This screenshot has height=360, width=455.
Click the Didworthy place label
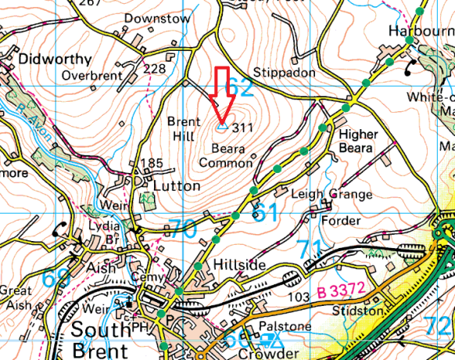pyautogui.click(x=56, y=59)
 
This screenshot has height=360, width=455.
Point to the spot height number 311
pyautogui.click(x=244, y=128)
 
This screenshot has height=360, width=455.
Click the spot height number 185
pyautogui.click(x=151, y=164)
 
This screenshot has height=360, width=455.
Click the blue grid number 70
pyautogui.click(x=182, y=229)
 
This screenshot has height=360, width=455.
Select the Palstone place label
pyautogui.click(x=288, y=325)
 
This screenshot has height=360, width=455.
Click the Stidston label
pyautogui.click(x=360, y=311)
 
